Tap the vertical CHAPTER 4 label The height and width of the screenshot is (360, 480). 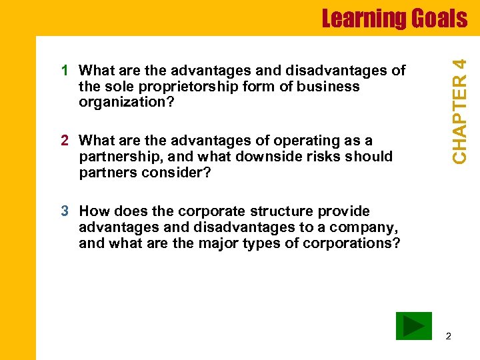click(x=459, y=109)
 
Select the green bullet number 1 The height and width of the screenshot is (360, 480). click(x=65, y=71)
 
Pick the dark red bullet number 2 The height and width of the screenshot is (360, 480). click(x=65, y=140)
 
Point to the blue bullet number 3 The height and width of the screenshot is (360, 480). click(x=65, y=211)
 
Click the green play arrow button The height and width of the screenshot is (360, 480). click(x=413, y=326)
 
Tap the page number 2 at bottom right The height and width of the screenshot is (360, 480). click(x=448, y=336)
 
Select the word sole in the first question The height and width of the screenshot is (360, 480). click(x=115, y=87)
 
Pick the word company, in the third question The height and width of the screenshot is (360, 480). click(x=369, y=227)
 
